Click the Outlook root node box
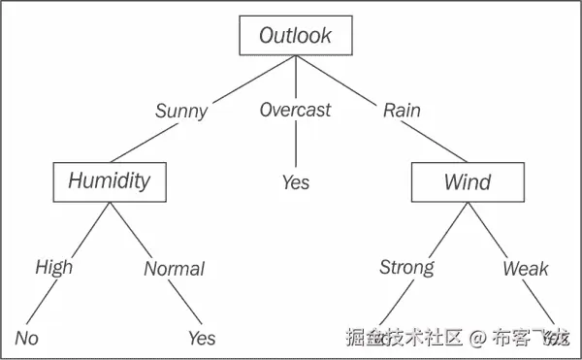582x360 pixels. [295, 36]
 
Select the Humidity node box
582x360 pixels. [109, 180]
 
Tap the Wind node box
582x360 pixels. [467, 181]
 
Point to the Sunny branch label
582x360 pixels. [181, 110]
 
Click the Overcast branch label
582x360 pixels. [296, 109]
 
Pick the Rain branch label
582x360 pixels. [402, 109]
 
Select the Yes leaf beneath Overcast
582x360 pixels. [296, 181]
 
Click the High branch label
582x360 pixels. [53, 267]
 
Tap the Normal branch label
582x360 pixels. [174, 269]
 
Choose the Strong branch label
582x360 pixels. [406, 267]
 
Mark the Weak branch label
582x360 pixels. [525, 269]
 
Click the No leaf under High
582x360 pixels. [26, 338]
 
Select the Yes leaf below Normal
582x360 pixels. [201, 339]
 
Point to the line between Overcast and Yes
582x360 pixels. [296, 146]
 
